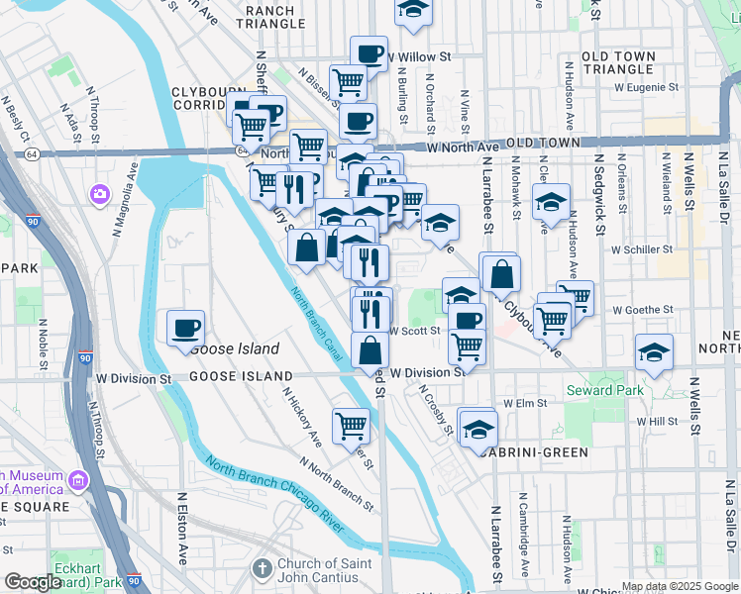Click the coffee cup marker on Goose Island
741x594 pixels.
tap(185, 328)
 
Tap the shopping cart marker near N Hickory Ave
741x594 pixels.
tap(352, 427)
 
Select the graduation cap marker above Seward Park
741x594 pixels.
tap(654, 353)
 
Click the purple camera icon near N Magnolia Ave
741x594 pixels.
tap(99, 192)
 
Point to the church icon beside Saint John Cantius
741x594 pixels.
tap(262, 569)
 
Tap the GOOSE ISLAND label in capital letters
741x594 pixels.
tap(241, 376)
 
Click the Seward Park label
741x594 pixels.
tap(604, 390)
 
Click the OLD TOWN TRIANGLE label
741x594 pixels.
tap(631, 63)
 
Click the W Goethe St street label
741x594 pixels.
tap(643, 310)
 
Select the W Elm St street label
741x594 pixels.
tap(525, 404)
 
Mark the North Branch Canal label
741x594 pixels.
tap(317, 324)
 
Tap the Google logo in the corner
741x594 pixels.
tap(33, 583)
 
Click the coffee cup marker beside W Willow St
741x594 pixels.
tap(368, 53)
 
